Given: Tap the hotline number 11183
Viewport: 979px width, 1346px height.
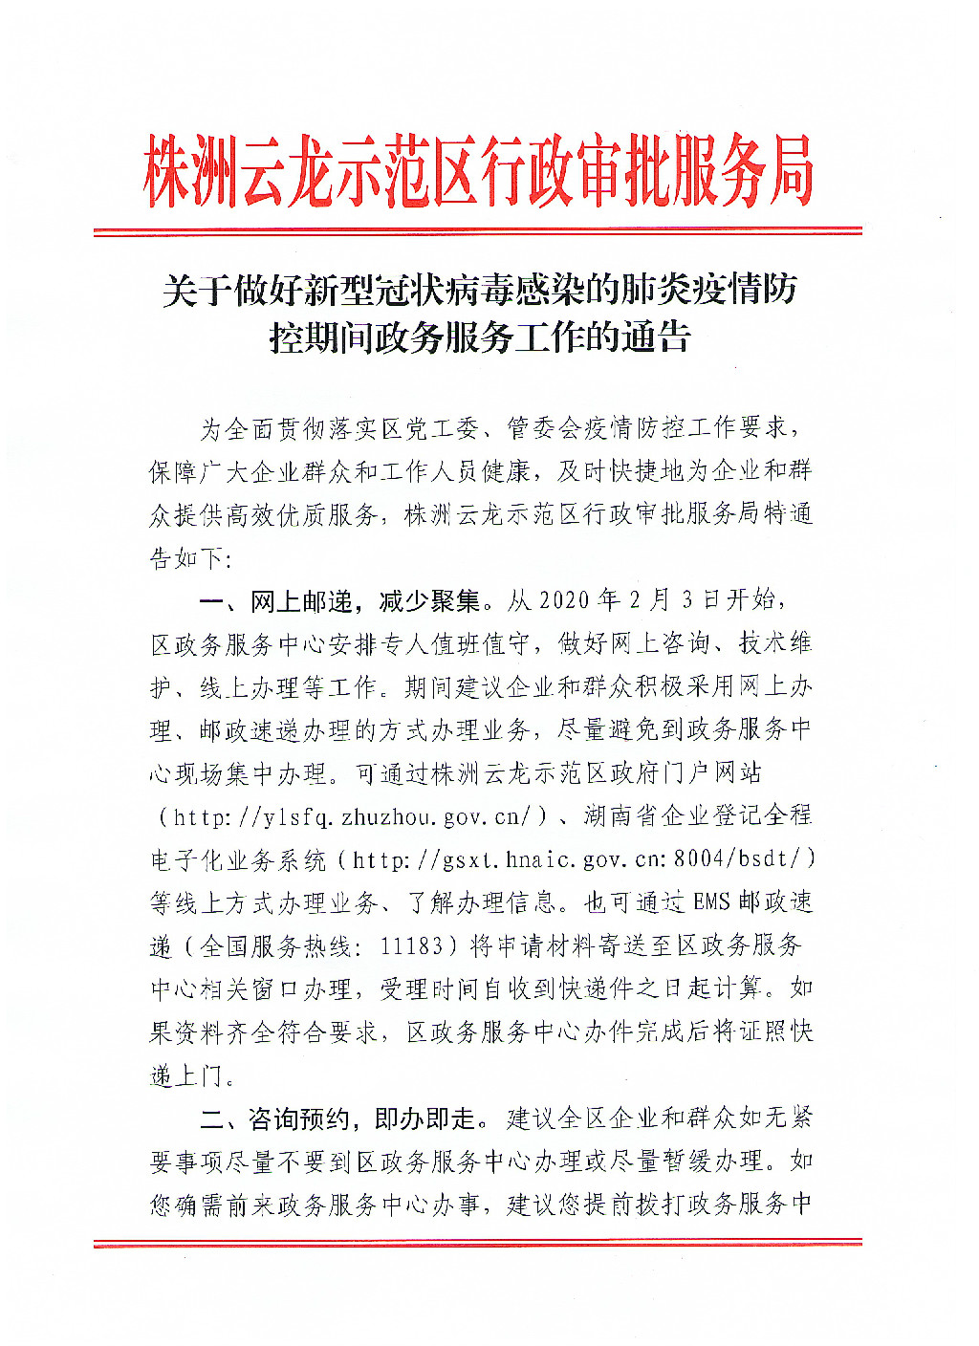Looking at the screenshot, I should click(411, 946).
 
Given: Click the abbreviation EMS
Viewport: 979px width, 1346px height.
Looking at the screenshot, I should click(711, 902).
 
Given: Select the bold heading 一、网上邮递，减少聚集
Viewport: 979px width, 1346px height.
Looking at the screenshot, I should click(339, 601).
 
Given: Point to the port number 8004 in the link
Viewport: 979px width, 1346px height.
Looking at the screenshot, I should click(699, 860).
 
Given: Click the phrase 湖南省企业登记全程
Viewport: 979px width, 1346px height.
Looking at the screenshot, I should click(698, 816).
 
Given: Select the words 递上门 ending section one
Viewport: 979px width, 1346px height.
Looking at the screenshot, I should click(185, 1075).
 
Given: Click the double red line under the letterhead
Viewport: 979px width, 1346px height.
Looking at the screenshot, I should click(478, 231).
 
